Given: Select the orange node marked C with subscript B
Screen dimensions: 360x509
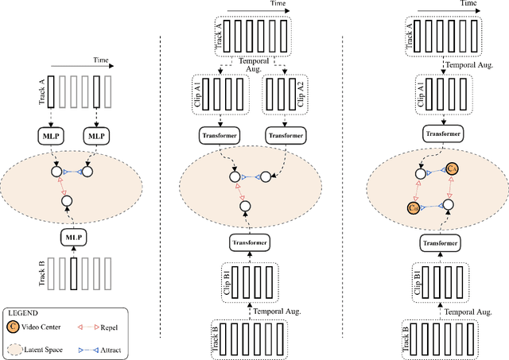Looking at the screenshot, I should click(x=412, y=207).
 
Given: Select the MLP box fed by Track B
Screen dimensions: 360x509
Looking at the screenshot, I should click(x=74, y=237).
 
